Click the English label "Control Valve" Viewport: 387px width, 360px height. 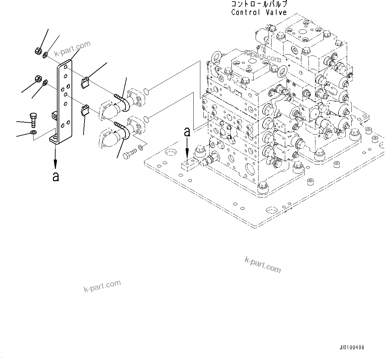tap(259, 13)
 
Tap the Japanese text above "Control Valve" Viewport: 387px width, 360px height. tap(259, 4)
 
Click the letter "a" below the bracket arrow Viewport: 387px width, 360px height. tap(56, 177)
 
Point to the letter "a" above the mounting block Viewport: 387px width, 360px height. tap(187, 132)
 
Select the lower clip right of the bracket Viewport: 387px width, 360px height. tap(85, 110)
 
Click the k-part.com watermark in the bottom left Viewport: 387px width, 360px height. tap(102, 286)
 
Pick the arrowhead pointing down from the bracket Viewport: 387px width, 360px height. tap(56, 163)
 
